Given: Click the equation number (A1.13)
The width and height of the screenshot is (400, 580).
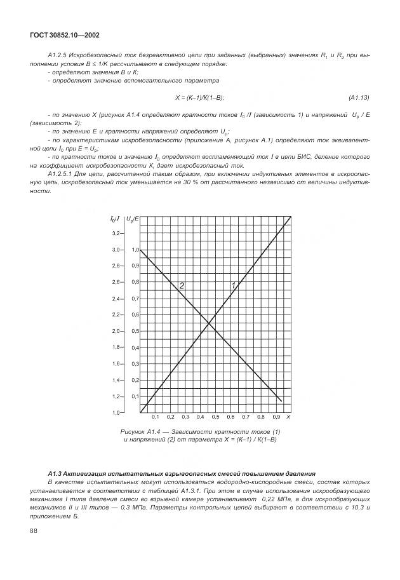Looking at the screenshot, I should [x=359, y=97].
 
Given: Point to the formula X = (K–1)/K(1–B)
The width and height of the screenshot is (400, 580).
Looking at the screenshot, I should [x=200, y=97].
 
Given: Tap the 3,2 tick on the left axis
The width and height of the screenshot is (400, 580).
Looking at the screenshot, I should [x=116, y=233].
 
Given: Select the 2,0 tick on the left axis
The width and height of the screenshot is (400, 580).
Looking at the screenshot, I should [x=116, y=331].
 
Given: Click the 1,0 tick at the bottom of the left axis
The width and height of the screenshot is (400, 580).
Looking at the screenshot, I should [x=116, y=413].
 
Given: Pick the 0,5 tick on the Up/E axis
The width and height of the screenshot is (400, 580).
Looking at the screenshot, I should [x=135, y=331].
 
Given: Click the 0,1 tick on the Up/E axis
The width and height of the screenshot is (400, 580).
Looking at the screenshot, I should [x=135, y=396].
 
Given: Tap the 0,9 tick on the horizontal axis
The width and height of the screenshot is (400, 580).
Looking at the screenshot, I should [x=276, y=417].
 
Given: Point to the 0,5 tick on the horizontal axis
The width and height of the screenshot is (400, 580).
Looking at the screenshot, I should [x=215, y=417].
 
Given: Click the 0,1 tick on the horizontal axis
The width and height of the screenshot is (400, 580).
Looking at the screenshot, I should [x=155, y=417].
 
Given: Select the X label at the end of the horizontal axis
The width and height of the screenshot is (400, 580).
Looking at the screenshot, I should [x=288, y=417].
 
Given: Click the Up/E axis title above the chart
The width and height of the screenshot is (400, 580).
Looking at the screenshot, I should [x=133, y=219].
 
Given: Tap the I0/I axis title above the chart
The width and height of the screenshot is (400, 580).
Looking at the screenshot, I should [x=116, y=219].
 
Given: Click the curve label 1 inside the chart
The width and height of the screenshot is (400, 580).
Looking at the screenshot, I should [x=233, y=285].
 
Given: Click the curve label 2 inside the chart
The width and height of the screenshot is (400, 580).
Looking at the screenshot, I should [x=182, y=286].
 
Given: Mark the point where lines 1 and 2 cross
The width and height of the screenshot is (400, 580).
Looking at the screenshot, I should [x=209, y=324].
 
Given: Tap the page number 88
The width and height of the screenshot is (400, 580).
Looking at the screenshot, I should [x=34, y=532].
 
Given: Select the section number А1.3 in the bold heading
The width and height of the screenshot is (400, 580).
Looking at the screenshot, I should [x=55, y=474].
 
